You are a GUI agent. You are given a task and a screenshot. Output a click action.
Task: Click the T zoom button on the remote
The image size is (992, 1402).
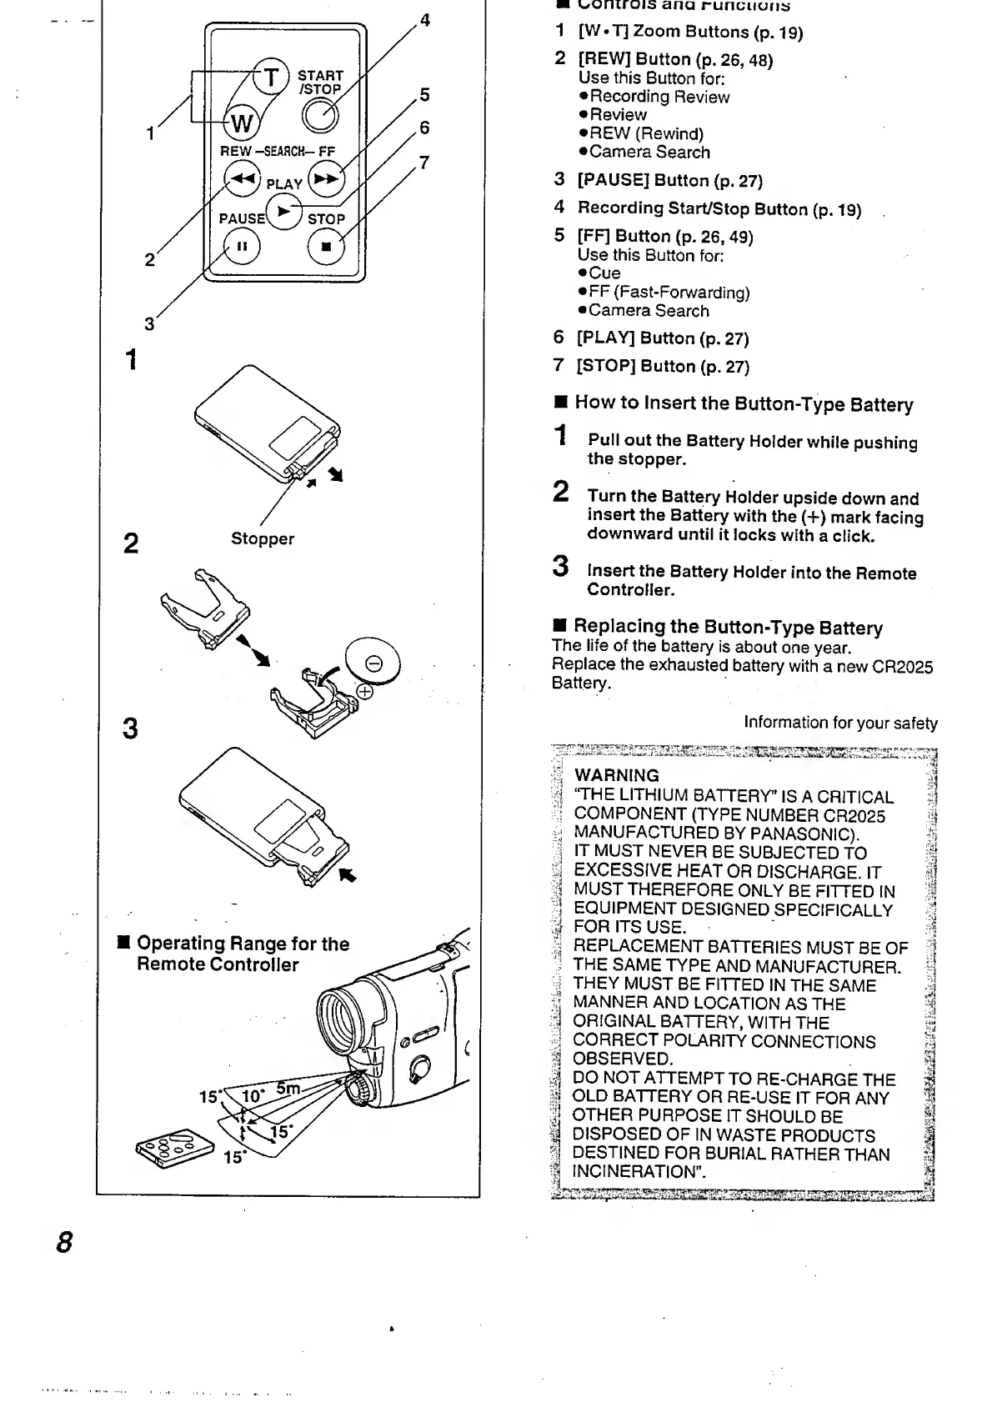pos(270,78)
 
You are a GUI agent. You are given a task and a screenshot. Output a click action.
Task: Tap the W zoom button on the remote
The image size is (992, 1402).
pos(241,123)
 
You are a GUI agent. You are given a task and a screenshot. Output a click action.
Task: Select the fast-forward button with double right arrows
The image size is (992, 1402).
pos(326,178)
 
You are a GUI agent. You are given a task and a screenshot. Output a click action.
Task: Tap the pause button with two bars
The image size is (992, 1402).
pos(242,248)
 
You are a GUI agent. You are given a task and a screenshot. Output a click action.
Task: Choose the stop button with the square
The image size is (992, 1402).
pos(325,248)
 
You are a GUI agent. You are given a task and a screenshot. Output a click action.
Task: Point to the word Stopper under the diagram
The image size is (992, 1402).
pos(263,538)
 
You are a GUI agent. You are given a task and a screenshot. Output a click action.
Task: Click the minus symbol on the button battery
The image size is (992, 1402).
pos(374,663)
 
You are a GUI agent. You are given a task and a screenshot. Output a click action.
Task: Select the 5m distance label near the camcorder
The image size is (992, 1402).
pos(288,1088)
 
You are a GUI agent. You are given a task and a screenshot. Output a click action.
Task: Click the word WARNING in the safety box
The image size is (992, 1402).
pos(616,775)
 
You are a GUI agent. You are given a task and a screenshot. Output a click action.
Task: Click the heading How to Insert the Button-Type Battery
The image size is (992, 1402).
pos(743,404)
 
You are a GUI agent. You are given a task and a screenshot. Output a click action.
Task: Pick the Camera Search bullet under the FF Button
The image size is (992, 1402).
pos(649,311)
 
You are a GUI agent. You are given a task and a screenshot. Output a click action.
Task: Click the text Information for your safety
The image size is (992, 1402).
pos(840,724)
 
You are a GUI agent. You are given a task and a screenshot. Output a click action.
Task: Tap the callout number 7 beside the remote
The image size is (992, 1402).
pos(424,163)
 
